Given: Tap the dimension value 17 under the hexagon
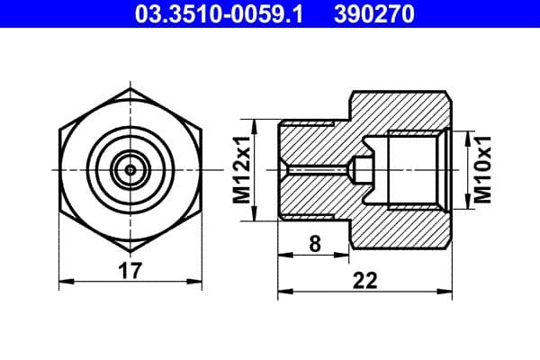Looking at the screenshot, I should click(131, 269).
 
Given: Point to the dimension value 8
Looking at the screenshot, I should click(313, 242).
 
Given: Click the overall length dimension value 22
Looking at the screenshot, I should click(364, 280).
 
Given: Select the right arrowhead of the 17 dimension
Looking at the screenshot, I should click(201, 282).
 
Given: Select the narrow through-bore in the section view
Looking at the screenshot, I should click(315, 169).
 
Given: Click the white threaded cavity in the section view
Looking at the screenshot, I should click(414, 169).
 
